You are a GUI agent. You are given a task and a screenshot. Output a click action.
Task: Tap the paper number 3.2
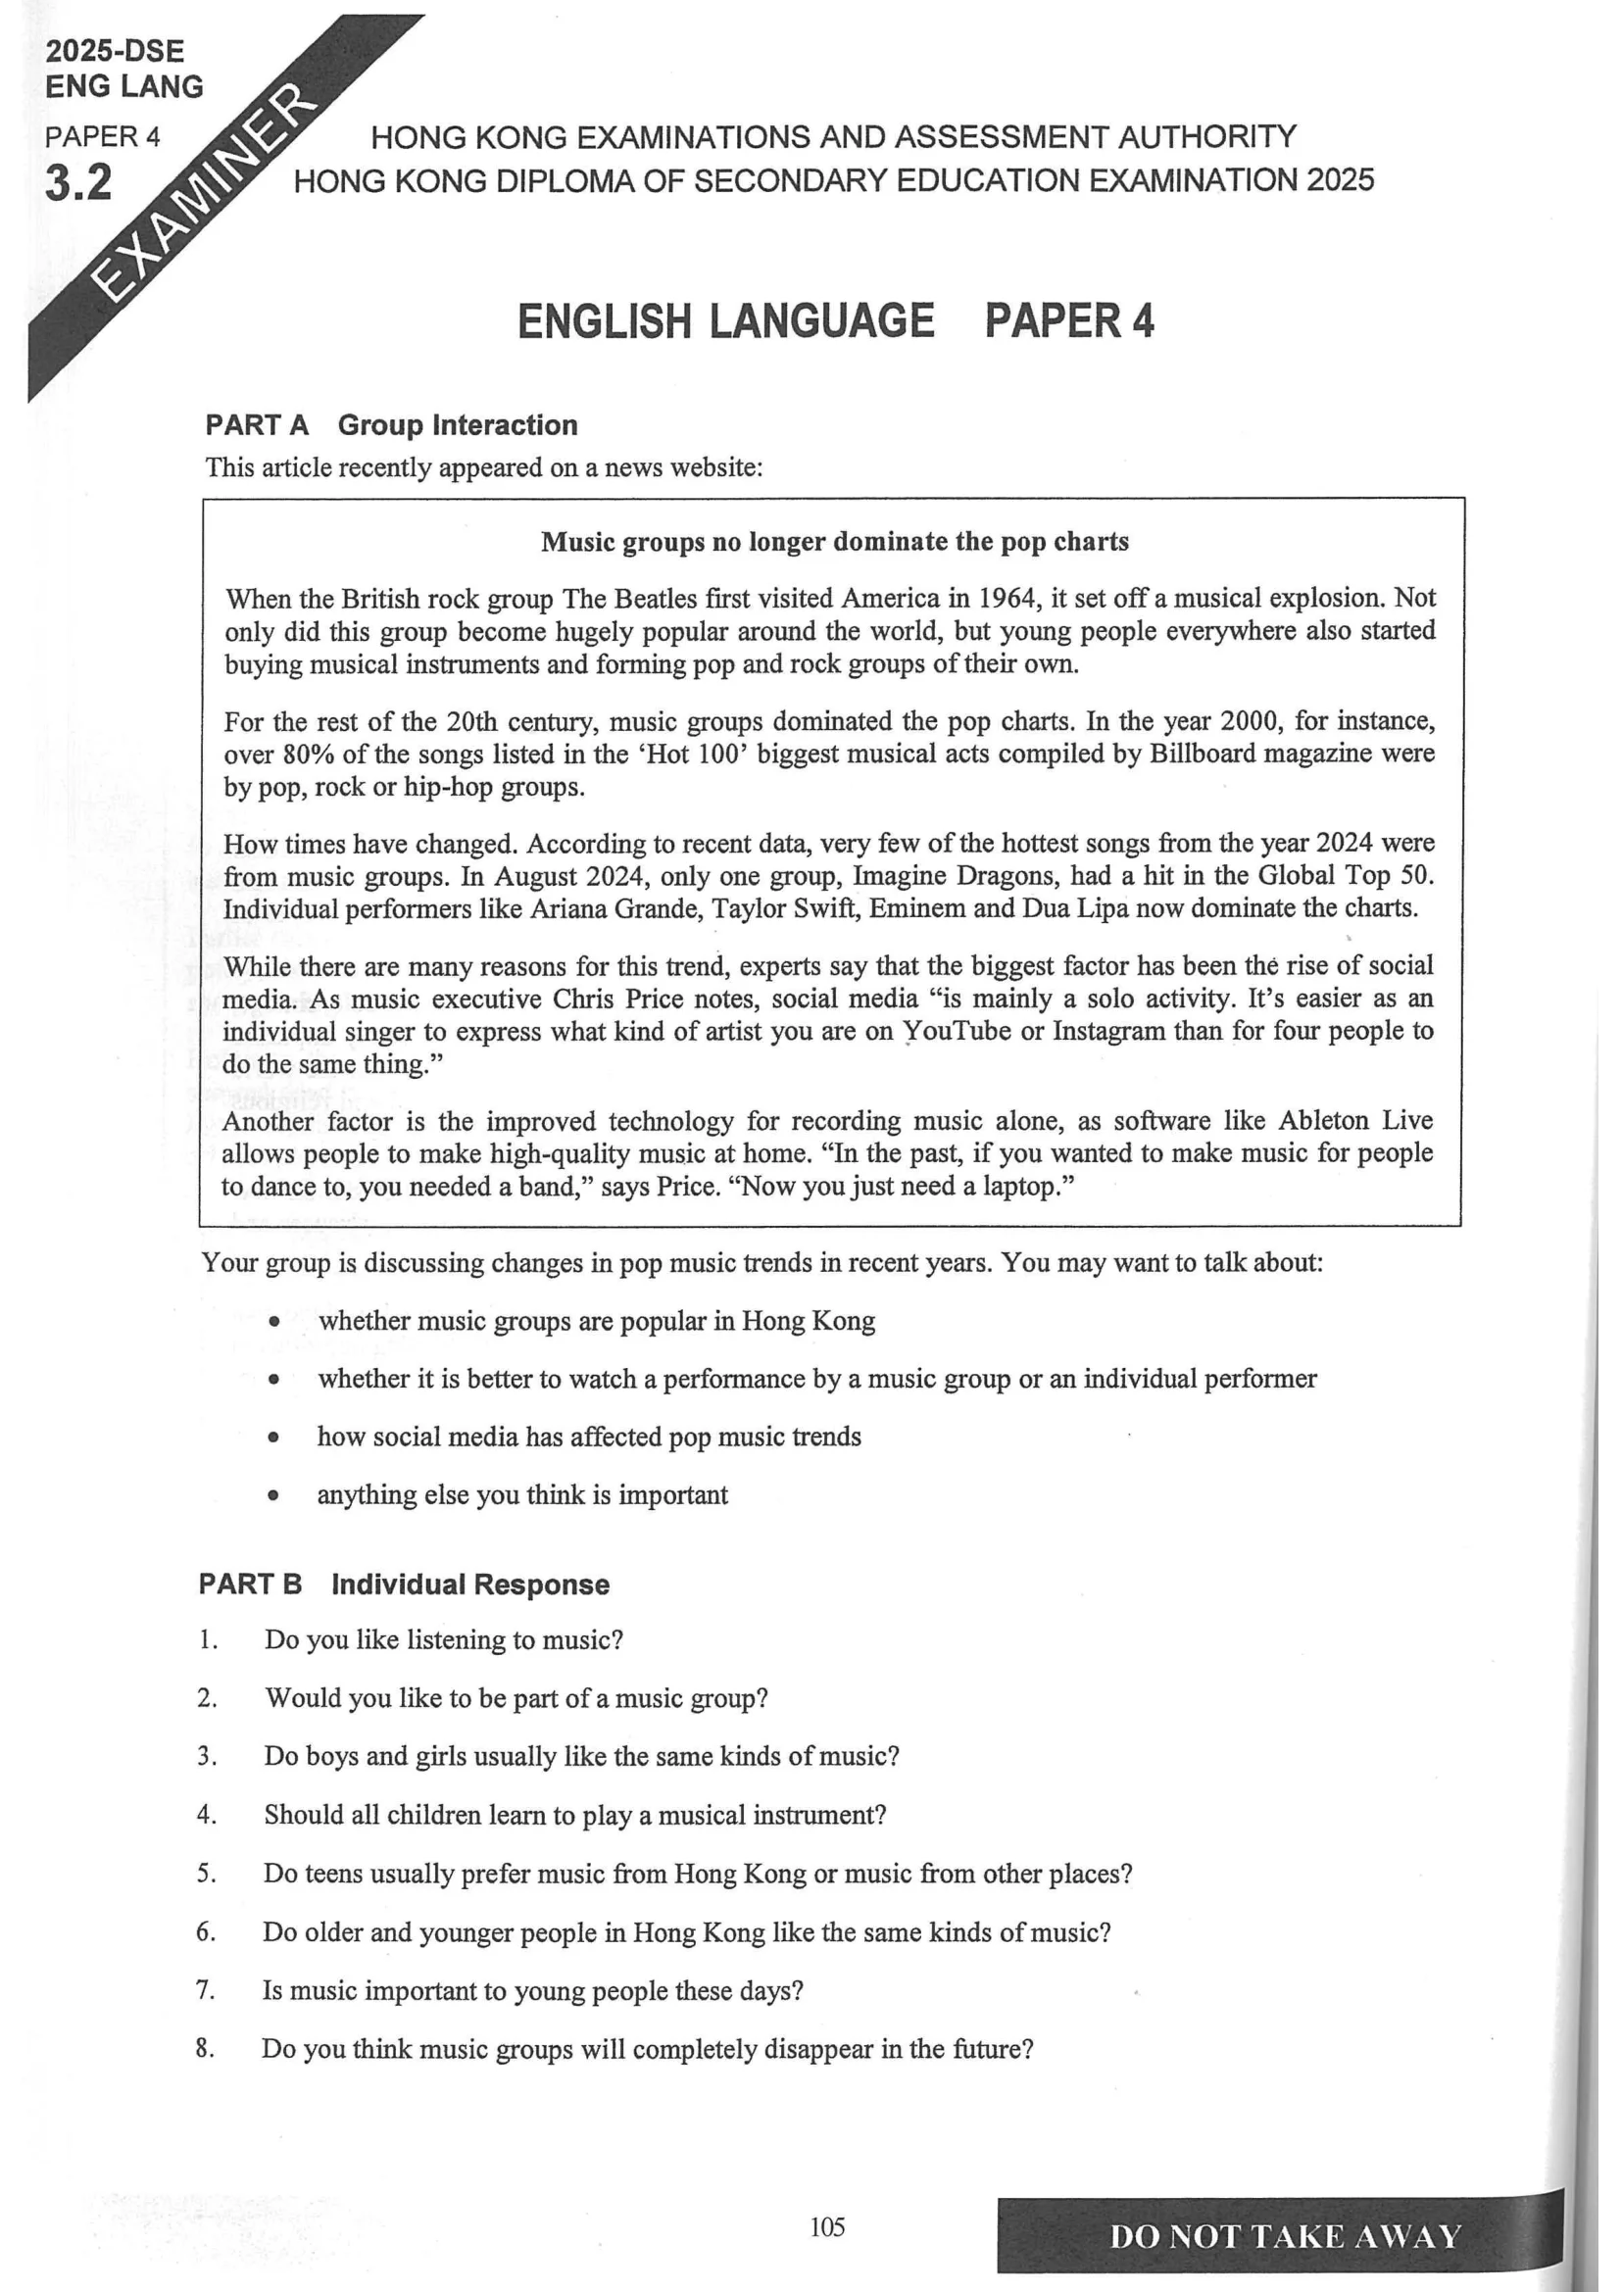point(78,182)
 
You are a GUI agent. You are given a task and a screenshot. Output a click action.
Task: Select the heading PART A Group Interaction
point(391,425)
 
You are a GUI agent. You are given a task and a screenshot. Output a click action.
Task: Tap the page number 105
point(827,2226)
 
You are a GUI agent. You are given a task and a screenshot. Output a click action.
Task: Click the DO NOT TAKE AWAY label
point(1285,2236)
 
